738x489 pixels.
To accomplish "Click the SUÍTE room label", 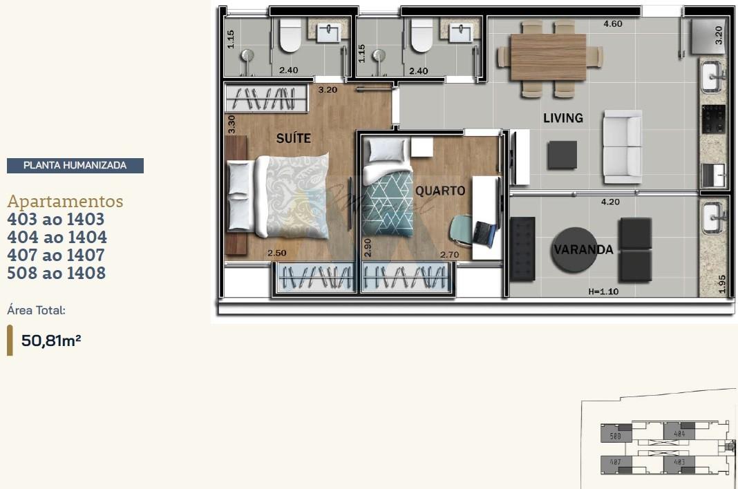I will pyautogui.click(x=294, y=138).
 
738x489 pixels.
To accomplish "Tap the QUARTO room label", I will pyautogui.click(x=440, y=191).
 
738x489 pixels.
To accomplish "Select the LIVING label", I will pyautogui.click(x=562, y=118).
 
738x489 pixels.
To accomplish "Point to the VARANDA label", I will pyautogui.click(x=583, y=250).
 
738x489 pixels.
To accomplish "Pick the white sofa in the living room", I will pyautogui.click(x=622, y=146).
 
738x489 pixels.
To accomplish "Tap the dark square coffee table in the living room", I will pyautogui.click(x=562, y=155).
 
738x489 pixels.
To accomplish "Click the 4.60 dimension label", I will pyautogui.click(x=612, y=23).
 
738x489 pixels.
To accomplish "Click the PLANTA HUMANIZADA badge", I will pyautogui.click(x=75, y=166).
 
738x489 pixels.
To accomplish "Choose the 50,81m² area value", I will pyautogui.click(x=51, y=340).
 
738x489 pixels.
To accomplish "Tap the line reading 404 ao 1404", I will pyautogui.click(x=57, y=238).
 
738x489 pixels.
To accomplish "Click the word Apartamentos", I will pyautogui.click(x=65, y=202).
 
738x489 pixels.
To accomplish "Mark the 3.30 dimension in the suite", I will pyautogui.click(x=231, y=124).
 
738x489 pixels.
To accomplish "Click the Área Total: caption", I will pyautogui.click(x=36, y=311).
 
